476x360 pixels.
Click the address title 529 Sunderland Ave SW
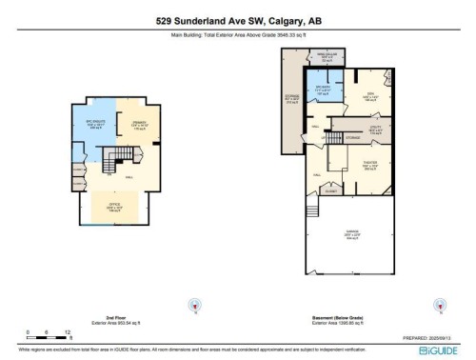coord(237,19)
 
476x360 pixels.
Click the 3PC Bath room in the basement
coord(321,90)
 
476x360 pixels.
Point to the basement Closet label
coord(330,190)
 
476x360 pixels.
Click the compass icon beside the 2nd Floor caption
coord(195,305)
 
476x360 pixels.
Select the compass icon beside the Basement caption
coord(440,305)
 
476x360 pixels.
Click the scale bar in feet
coord(49,333)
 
